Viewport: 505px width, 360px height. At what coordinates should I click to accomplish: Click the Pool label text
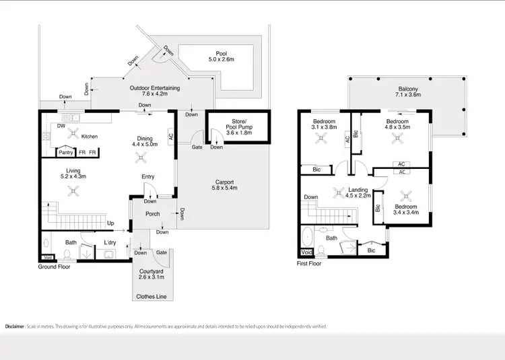(221, 54)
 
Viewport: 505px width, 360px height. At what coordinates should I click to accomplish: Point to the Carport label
(224, 182)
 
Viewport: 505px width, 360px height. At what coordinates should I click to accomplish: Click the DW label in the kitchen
(61, 125)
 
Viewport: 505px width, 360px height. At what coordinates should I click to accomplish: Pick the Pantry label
(66, 153)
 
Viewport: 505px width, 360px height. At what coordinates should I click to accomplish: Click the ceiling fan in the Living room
(73, 190)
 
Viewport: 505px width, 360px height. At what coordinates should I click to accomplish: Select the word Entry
(148, 177)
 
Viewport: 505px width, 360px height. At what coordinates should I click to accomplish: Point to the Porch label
(153, 215)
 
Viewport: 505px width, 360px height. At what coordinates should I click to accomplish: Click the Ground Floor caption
(54, 267)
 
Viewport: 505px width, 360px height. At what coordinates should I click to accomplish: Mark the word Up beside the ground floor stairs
(110, 223)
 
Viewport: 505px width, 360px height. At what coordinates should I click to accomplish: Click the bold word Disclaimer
(14, 326)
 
